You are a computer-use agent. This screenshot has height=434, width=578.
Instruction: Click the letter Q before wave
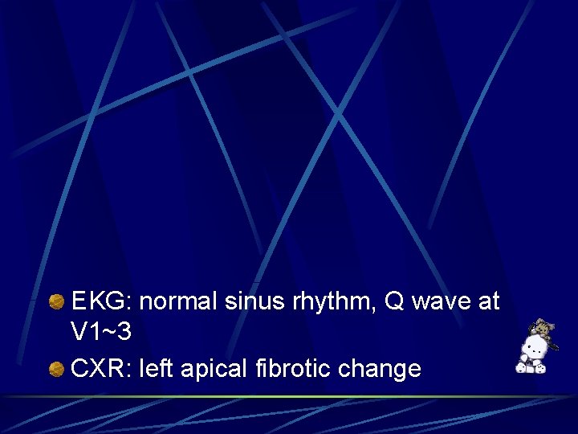[x=395, y=301]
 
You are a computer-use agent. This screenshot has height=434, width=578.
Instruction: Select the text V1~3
[x=101, y=331]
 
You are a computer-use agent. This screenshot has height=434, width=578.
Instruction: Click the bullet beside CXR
[x=56, y=370]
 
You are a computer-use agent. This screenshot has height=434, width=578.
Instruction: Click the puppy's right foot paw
[x=522, y=368]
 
